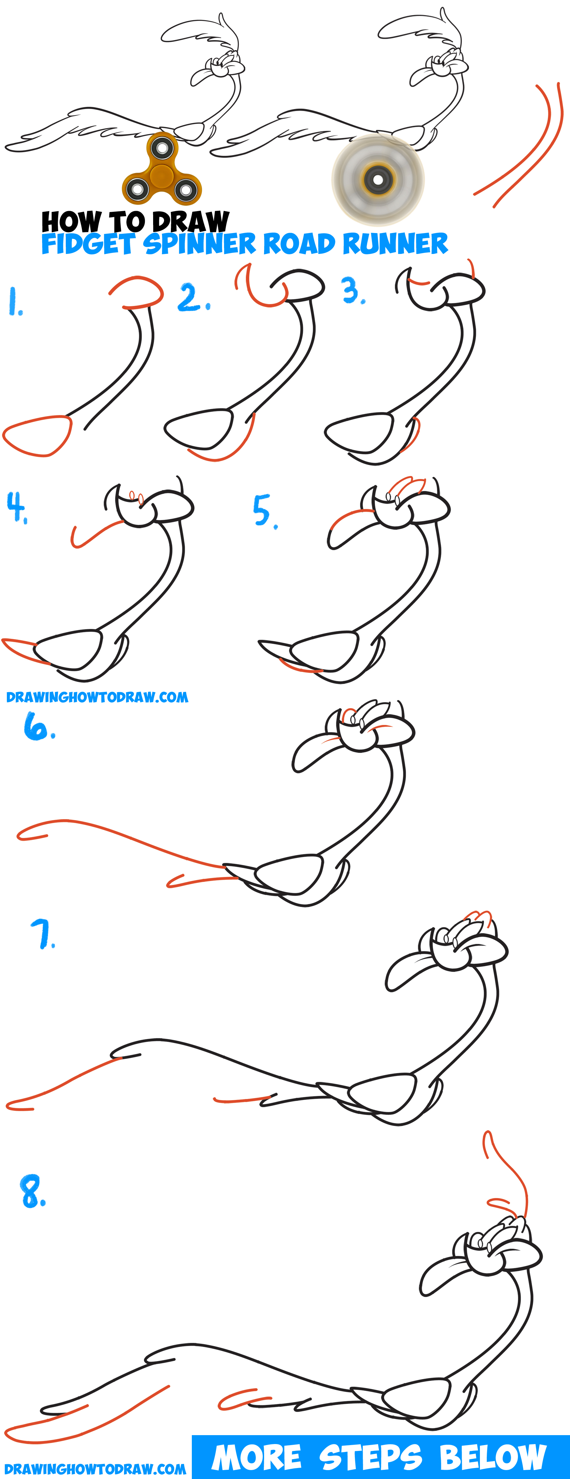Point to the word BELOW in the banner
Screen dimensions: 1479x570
[493, 1457]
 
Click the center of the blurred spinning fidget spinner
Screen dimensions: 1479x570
[378, 180]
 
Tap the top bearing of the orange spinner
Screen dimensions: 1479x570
[162, 148]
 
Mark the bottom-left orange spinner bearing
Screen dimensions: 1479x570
[138, 189]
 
